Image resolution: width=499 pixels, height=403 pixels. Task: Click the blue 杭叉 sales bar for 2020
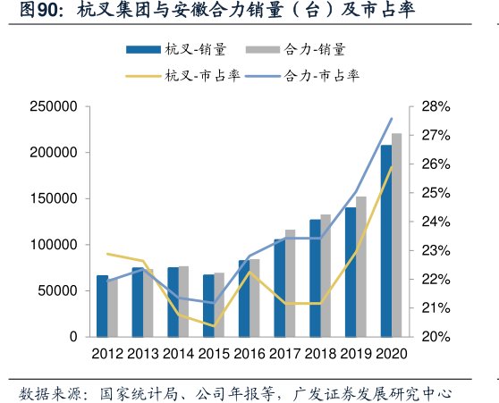coord(386,241)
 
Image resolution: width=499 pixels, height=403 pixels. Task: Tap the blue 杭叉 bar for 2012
coord(102,306)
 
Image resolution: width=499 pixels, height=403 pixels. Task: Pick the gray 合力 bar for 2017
coord(290,283)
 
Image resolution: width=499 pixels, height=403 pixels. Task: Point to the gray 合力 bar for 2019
coord(361,266)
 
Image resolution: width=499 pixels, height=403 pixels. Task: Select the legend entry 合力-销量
coord(303,48)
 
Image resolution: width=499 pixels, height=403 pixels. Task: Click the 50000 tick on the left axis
coord(57,291)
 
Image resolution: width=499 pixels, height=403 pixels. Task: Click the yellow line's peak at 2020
coord(392,168)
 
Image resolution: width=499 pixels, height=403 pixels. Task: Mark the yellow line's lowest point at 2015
coord(214,325)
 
